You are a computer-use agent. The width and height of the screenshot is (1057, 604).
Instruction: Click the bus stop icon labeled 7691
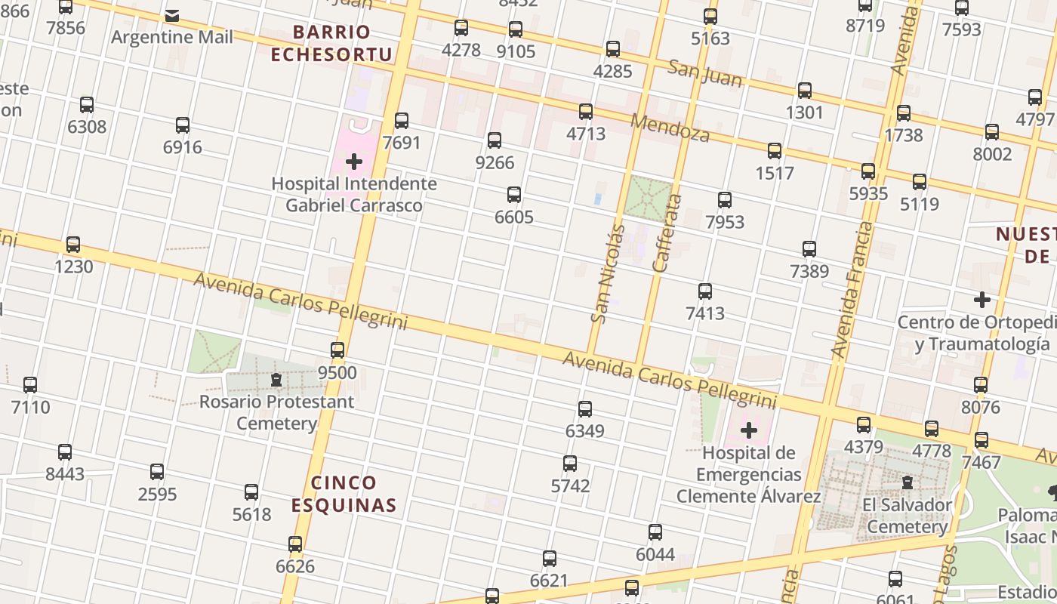(x=402, y=121)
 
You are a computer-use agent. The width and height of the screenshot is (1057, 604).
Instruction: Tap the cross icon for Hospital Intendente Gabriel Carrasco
(x=354, y=161)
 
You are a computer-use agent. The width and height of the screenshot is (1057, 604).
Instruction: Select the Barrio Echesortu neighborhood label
(x=332, y=43)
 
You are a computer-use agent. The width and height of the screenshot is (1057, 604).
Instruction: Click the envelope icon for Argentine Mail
(x=172, y=15)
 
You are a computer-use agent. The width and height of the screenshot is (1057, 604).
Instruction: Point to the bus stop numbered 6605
(x=514, y=195)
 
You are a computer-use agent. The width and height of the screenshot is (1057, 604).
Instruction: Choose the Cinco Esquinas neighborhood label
(x=344, y=494)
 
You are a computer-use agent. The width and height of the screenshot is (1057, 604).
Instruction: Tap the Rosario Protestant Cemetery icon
(x=276, y=380)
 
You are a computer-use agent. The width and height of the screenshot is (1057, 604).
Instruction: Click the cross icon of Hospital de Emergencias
(x=749, y=431)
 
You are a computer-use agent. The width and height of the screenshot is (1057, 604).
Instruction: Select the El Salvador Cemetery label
(x=907, y=516)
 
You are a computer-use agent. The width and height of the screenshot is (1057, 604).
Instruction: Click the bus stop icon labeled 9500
(x=337, y=350)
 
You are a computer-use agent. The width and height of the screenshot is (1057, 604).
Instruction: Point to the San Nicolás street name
(x=609, y=273)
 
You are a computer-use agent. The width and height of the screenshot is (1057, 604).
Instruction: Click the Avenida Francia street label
(x=851, y=290)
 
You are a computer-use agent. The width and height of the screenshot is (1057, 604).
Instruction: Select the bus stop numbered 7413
(x=705, y=291)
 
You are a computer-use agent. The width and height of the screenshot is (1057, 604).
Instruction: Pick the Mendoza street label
(x=670, y=128)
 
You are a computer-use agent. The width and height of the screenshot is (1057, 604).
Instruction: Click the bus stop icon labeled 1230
(x=73, y=245)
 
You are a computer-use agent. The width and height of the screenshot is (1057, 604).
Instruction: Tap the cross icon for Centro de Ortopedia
(x=981, y=300)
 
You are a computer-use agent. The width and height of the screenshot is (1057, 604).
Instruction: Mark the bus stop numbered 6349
(x=585, y=409)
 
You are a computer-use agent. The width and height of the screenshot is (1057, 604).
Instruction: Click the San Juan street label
(x=705, y=73)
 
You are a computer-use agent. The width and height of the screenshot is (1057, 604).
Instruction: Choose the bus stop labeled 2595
(x=157, y=472)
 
